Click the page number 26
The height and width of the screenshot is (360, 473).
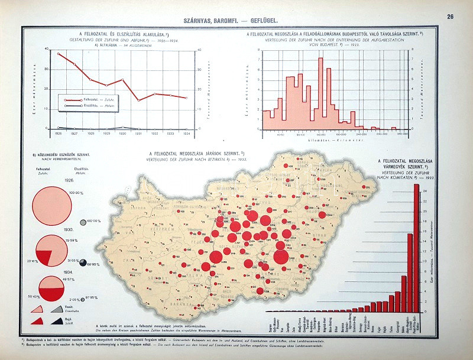click(x=451, y=17)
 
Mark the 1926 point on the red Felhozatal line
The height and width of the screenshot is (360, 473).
click(x=59, y=54)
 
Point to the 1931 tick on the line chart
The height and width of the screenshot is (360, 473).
click(x=139, y=134)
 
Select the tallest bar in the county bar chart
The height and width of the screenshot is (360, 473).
click(x=416, y=248)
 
